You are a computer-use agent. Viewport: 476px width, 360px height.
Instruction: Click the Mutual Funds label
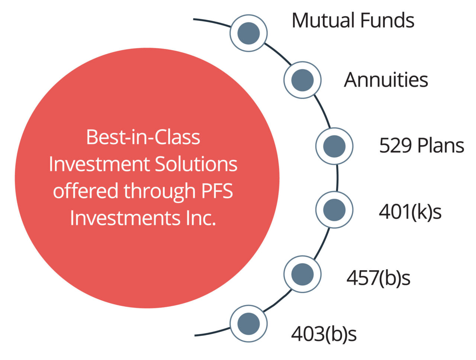(353, 20)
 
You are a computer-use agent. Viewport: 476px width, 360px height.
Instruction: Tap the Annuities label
(386, 80)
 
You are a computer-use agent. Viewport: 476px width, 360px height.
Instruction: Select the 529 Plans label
(421, 145)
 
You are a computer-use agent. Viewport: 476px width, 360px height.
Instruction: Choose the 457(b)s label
(378, 278)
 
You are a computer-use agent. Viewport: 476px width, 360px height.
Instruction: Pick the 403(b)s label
(324, 334)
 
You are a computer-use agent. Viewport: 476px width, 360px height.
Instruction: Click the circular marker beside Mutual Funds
(248, 33)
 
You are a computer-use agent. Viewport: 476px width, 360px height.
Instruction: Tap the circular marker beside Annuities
(302, 80)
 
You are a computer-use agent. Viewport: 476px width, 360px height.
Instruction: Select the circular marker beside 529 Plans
(334, 146)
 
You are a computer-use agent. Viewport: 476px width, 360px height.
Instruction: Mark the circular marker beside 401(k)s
(334, 210)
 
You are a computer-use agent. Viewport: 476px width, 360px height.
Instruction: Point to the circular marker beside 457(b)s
(302, 274)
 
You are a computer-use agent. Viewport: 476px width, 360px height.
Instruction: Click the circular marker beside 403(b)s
(248, 324)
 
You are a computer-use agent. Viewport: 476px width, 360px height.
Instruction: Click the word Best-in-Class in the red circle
(143, 137)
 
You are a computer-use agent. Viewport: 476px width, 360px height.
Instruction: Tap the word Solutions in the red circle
(196, 164)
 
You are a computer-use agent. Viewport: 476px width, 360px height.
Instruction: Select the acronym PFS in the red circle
(217, 191)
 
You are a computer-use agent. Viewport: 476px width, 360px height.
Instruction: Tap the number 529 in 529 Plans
(395, 145)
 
